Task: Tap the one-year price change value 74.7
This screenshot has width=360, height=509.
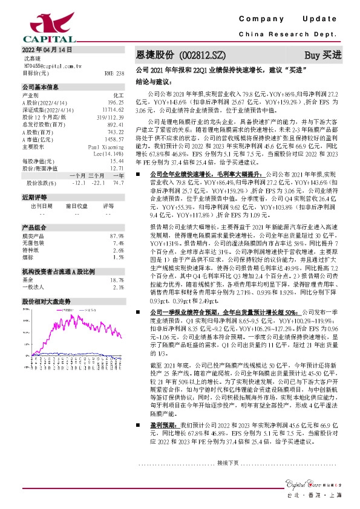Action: [119, 183]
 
